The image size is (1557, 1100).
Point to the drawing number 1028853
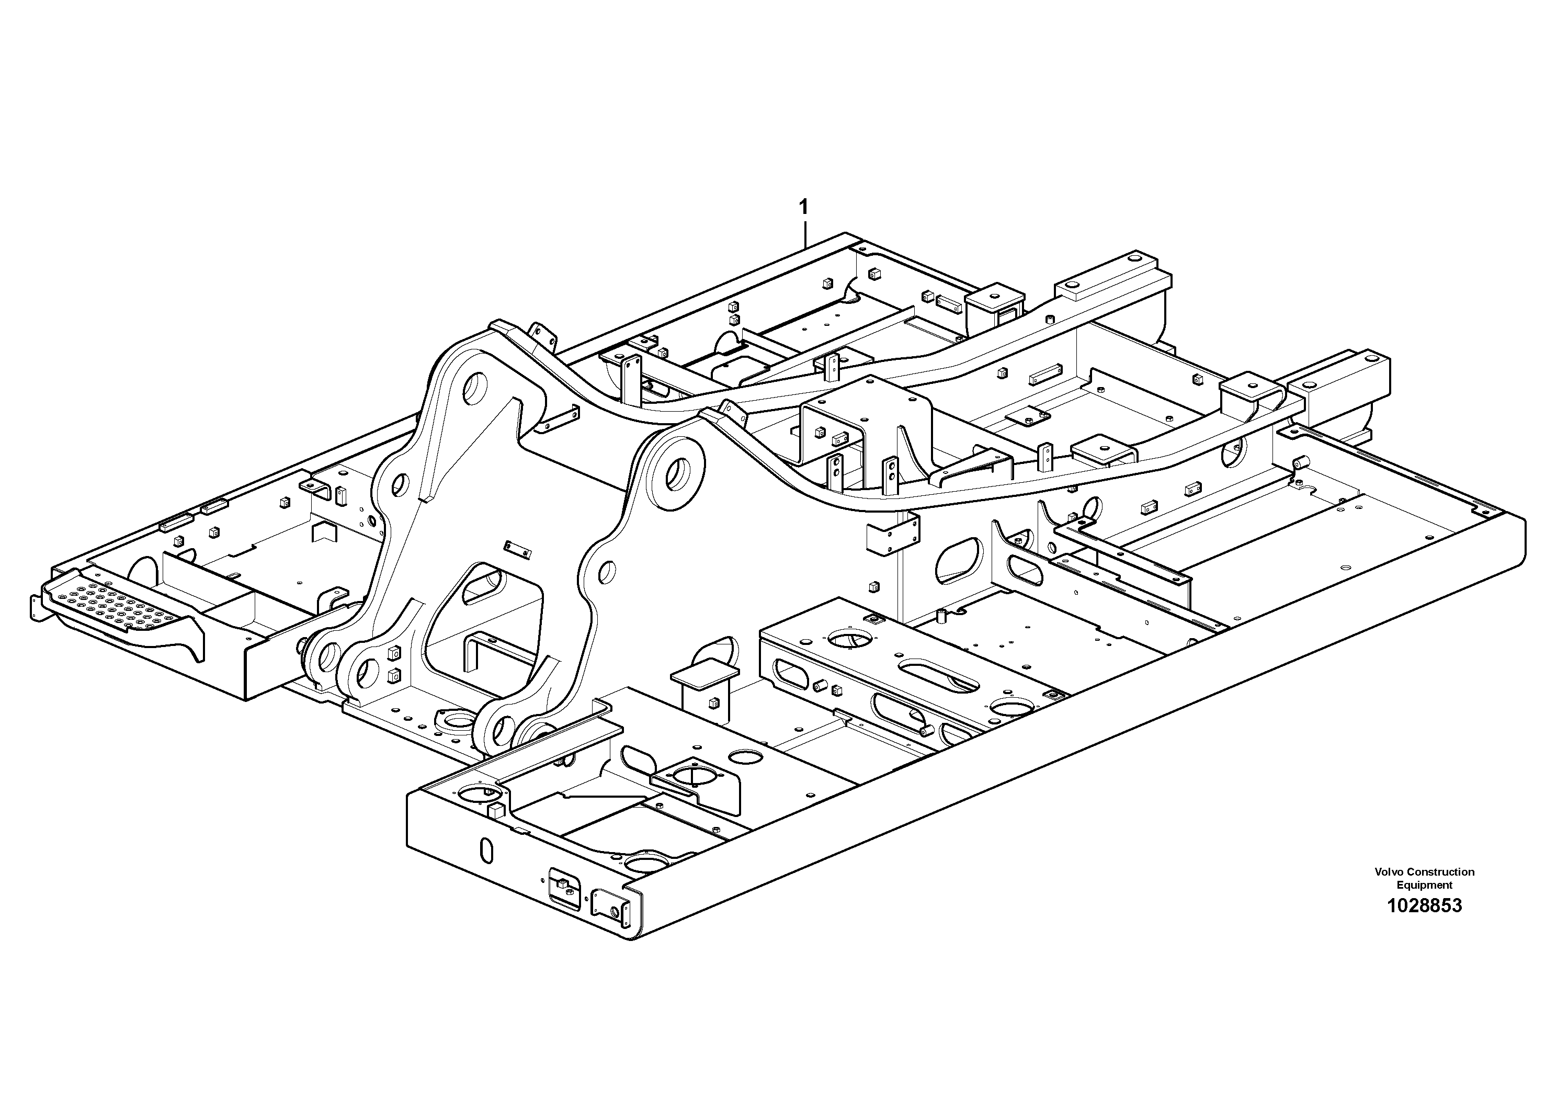pyautogui.click(x=1424, y=905)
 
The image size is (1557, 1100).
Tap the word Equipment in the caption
pyautogui.click(x=1424, y=885)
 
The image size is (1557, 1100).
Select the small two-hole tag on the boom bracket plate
pyautogui.click(x=517, y=549)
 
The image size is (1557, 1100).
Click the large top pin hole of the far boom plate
pyautogui.click(x=477, y=389)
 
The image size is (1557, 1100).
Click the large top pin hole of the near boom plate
pyautogui.click(x=679, y=474)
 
